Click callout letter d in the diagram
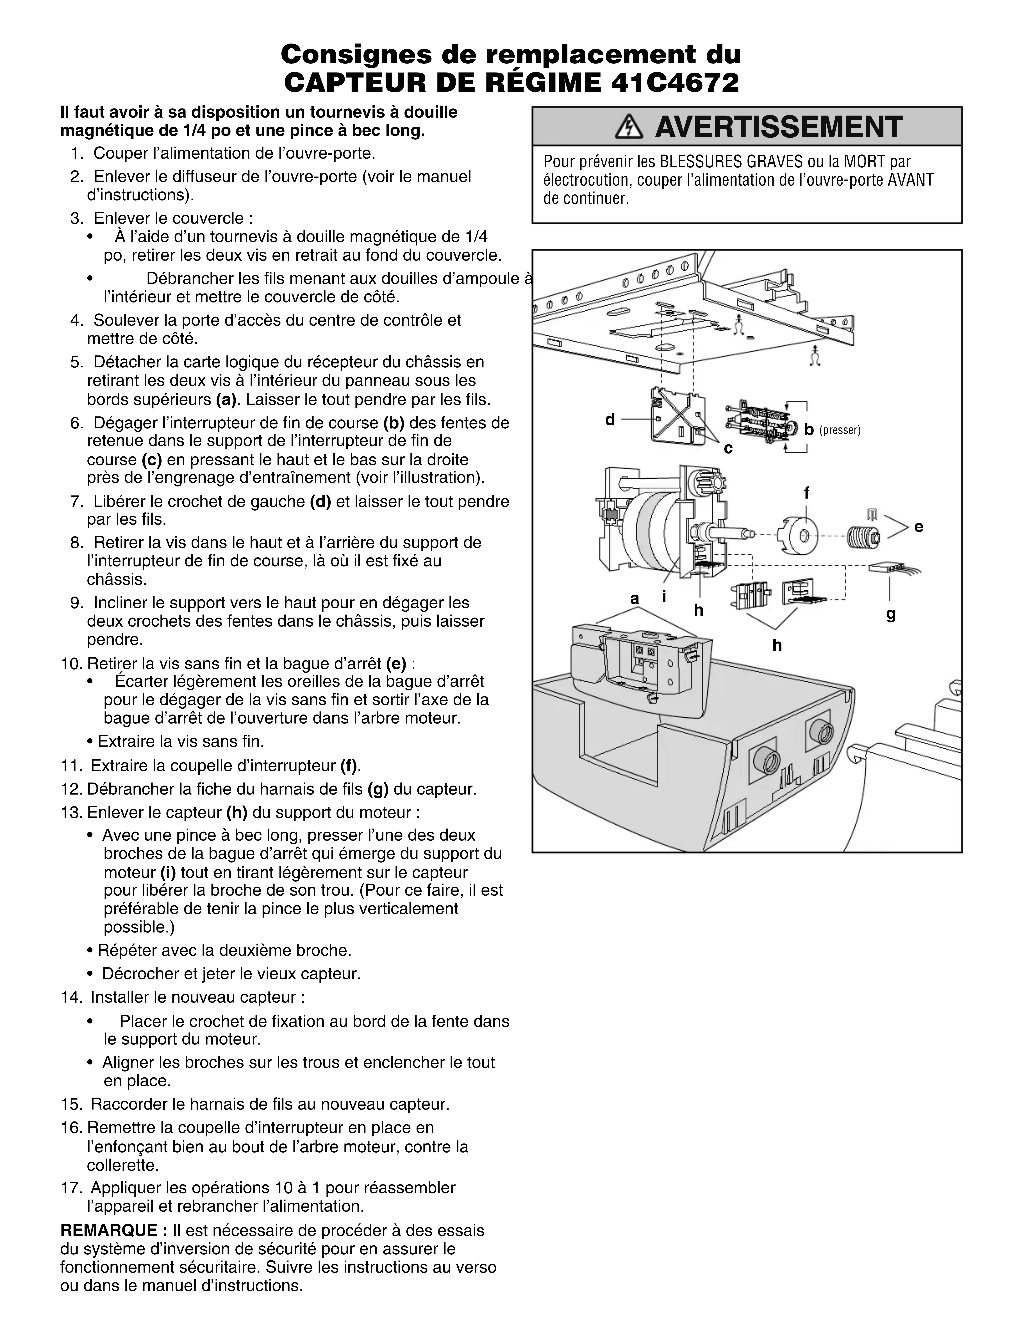[610, 420]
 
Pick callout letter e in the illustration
[919, 527]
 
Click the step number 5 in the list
[76, 363]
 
